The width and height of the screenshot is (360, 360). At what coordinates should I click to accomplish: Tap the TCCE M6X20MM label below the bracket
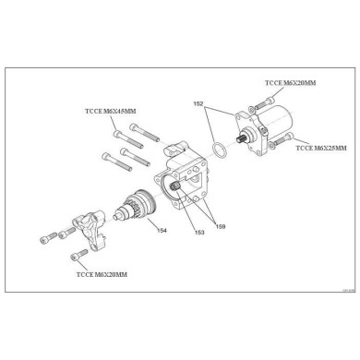102,274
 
